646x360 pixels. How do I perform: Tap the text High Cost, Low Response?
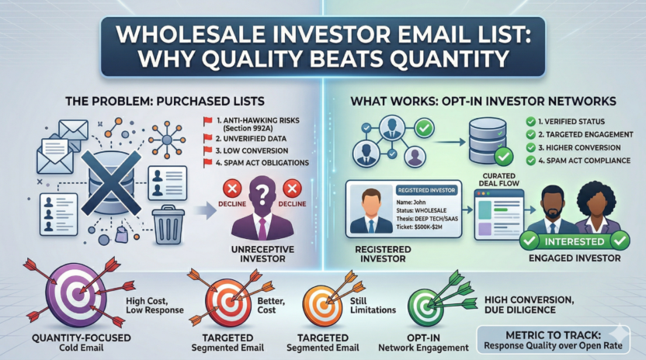click(153, 306)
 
